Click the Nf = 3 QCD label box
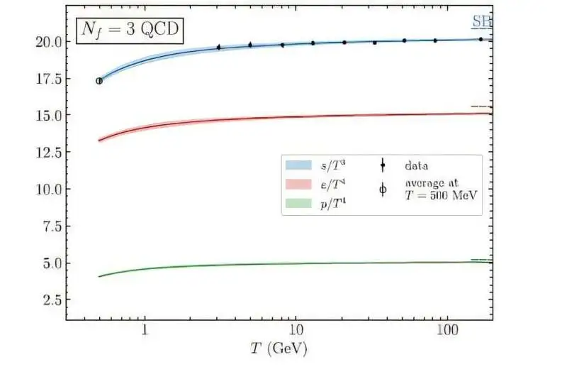(128, 32)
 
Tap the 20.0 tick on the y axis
(47, 41)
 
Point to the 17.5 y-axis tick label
(47, 78)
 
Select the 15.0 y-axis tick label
(47, 115)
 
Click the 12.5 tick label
(47, 152)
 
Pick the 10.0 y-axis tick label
(47, 189)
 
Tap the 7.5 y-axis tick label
(50, 226)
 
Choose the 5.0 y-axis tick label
(50, 263)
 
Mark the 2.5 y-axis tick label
(50, 300)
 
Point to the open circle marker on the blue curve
(99, 81)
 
